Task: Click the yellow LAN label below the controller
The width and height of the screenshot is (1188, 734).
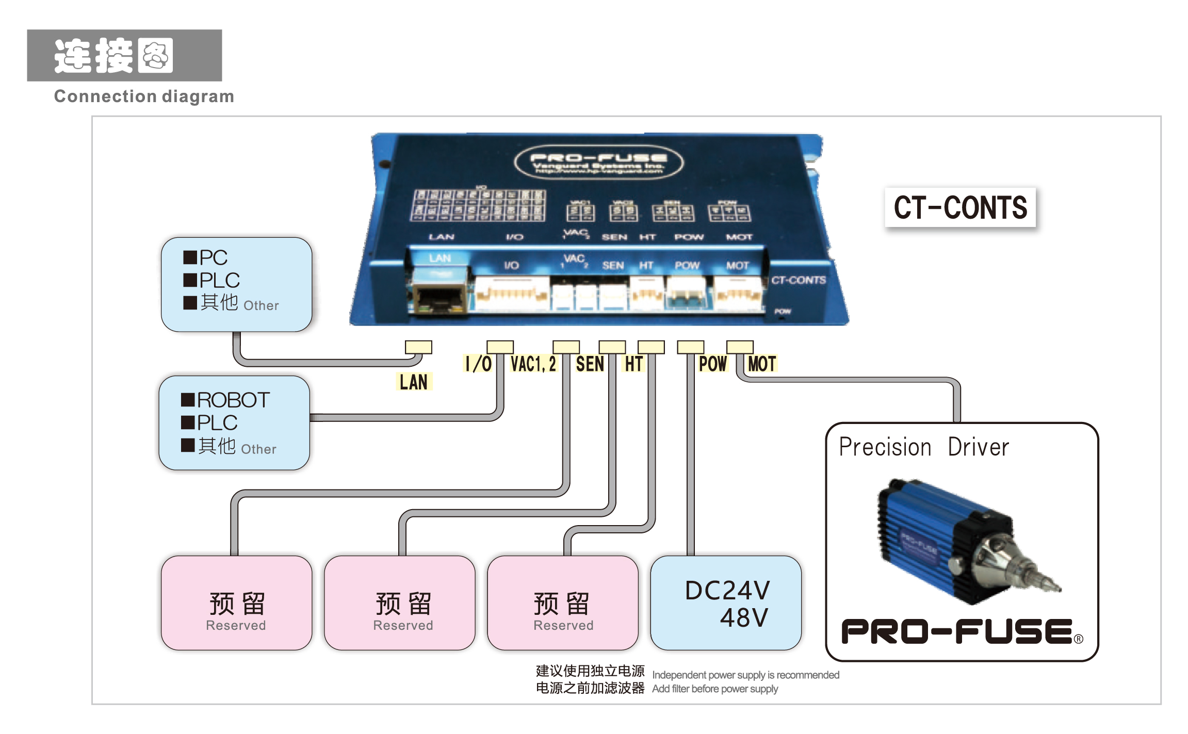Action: [414, 382]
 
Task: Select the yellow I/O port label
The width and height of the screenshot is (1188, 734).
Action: [478, 364]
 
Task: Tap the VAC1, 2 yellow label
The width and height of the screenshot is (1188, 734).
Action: [533, 364]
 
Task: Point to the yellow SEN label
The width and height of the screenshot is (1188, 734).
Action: [590, 364]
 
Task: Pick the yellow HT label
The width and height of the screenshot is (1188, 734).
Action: [634, 364]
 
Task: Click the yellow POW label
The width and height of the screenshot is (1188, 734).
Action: [712, 364]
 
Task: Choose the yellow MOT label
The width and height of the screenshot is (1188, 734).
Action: [762, 364]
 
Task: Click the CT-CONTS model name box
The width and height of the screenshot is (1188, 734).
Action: [960, 207]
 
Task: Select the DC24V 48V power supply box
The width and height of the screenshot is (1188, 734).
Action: [726, 603]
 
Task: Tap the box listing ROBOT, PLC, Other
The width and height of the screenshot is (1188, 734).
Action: [235, 423]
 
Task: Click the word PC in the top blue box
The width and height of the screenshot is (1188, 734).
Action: [213, 257]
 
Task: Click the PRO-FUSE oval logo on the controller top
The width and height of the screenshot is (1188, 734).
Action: [599, 162]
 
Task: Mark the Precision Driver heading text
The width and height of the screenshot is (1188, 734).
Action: [923, 447]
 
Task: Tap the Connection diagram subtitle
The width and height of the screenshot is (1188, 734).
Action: [144, 96]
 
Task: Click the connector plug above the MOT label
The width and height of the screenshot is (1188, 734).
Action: [740, 347]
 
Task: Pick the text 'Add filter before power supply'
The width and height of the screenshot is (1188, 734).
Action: [715, 689]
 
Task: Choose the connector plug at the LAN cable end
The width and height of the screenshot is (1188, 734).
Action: [418, 347]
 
